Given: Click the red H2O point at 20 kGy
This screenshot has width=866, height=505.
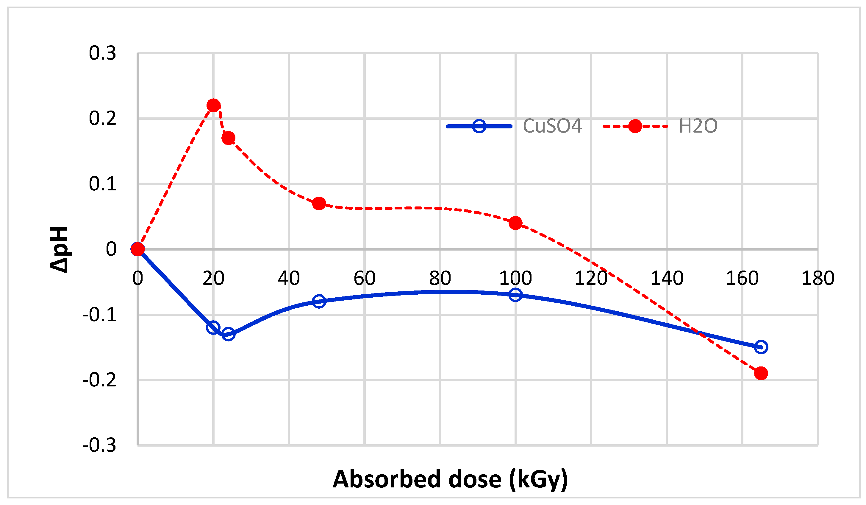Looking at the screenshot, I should (213, 105).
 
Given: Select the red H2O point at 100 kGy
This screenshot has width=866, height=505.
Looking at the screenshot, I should (515, 223).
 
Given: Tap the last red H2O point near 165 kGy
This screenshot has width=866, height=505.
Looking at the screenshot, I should (761, 373).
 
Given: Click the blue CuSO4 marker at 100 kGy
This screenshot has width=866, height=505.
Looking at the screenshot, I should (515, 294).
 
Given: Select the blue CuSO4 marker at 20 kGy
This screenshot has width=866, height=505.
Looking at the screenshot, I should (213, 327).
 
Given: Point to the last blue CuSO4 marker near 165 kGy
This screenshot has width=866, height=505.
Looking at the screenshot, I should (761, 347).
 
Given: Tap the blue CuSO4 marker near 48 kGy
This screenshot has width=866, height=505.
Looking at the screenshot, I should (319, 301).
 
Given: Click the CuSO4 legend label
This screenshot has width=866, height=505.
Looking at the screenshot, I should (552, 126).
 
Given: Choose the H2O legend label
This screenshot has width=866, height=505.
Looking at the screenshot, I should (698, 126).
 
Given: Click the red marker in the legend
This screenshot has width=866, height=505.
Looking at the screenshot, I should (635, 126).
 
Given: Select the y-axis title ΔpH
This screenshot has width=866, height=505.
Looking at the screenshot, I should (59, 249).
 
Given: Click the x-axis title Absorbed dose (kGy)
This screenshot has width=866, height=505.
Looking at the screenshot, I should (450, 479).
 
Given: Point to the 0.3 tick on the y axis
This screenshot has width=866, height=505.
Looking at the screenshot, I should (102, 53).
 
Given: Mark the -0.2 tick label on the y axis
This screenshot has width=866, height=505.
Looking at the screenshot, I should (100, 380).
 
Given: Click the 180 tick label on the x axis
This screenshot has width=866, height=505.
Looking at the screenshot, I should (817, 278).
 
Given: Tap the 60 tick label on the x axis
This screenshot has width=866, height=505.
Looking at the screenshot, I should (364, 278).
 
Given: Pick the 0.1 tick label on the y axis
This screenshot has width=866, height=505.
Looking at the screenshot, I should (102, 184).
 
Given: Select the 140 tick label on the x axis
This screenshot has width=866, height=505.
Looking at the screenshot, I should (667, 278).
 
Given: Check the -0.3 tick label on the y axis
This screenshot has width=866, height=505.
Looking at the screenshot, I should (100, 445).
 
